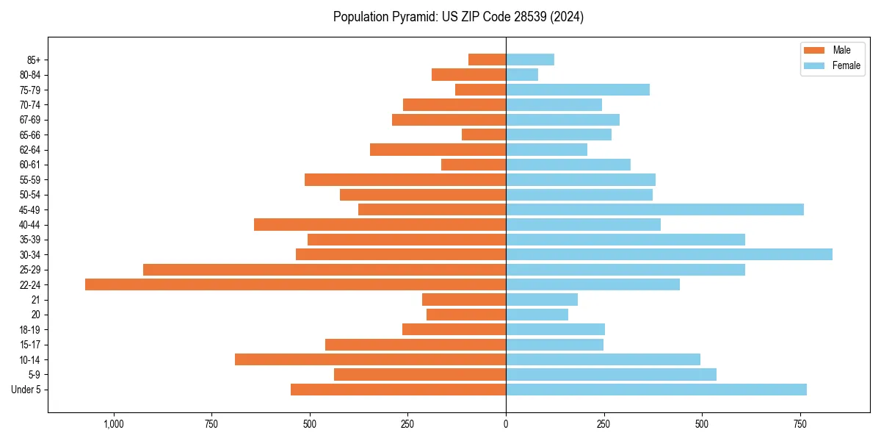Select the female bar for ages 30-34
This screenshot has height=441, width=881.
click(x=669, y=254)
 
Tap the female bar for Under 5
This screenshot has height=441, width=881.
click(x=656, y=390)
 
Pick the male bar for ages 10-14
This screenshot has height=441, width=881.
click(x=370, y=359)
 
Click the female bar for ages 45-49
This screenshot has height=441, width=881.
click(x=654, y=209)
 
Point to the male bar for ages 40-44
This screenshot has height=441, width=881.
click(x=380, y=224)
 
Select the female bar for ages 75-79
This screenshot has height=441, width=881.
click(x=578, y=90)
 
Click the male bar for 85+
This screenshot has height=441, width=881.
click(x=487, y=60)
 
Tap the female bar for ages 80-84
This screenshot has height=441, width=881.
click(x=522, y=74)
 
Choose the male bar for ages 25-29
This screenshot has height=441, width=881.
click(x=324, y=270)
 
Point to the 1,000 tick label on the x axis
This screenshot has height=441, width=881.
click(x=114, y=424)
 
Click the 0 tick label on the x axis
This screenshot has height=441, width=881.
click(x=506, y=424)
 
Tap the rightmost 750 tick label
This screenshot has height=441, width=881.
click(x=800, y=424)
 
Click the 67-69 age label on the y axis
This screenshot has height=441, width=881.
click(x=29, y=120)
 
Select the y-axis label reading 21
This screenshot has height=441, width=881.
click(x=35, y=300)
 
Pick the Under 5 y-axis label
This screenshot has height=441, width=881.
click(x=26, y=390)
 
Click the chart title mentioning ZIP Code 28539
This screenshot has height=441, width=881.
click(x=458, y=17)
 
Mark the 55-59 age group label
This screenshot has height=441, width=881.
click(x=29, y=179)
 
